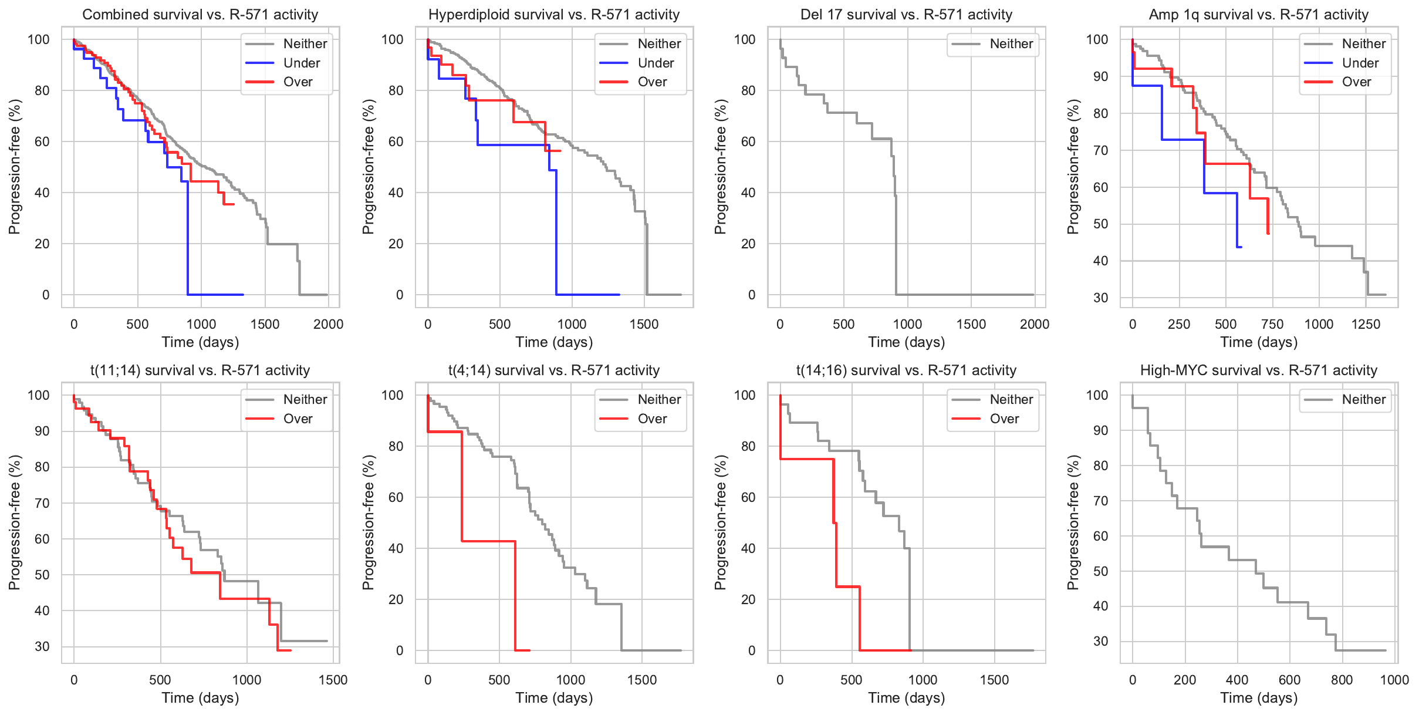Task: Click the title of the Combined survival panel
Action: tap(200, 15)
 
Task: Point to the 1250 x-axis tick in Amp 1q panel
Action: tap(1366, 324)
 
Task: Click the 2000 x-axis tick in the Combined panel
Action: tap(328, 324)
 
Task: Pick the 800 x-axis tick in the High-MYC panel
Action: tap(1342, 680)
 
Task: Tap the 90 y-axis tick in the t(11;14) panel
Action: tap(42, 431)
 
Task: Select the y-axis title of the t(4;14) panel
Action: tap(368, 522)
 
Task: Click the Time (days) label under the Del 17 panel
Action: tap(906, 342)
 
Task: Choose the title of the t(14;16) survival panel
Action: tap(906, 370)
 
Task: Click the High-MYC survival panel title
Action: tap(1258, 370)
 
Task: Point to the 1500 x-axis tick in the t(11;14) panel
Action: tap(333, 680)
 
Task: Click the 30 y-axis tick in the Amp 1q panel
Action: tap(1100, 298)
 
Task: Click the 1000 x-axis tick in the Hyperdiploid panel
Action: tap(572, 324)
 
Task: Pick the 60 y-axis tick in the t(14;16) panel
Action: tap(748, 497)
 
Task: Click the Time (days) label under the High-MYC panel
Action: tap(1258, 698)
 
